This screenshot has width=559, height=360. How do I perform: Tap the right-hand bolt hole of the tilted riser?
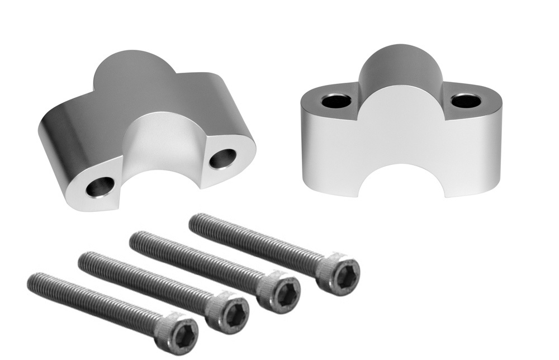pos(222,158)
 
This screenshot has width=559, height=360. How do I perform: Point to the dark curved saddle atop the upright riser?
pos(399,70)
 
